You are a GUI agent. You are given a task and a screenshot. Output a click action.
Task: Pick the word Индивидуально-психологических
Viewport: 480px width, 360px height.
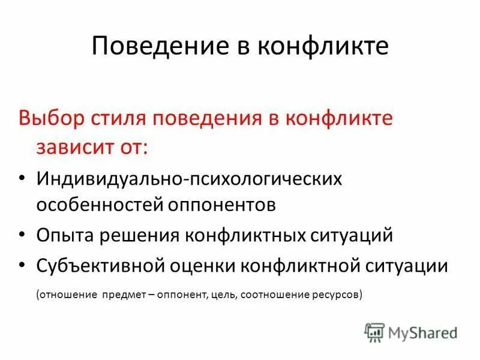pyautogui.click(x=188, y=178)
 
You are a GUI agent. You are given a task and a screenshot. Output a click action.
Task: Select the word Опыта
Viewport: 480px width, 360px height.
pyautogui.click(x=64, y=235)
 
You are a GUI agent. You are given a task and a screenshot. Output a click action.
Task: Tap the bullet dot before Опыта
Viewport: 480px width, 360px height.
pyautogui.click(x=22, y=235)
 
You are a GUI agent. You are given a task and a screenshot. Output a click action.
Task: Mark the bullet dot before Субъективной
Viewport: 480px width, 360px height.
pyautogui.click(x=22, y=266)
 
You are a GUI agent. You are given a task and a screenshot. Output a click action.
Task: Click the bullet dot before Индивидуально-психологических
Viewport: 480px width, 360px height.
pyautogui.click(x=22, y=178)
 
